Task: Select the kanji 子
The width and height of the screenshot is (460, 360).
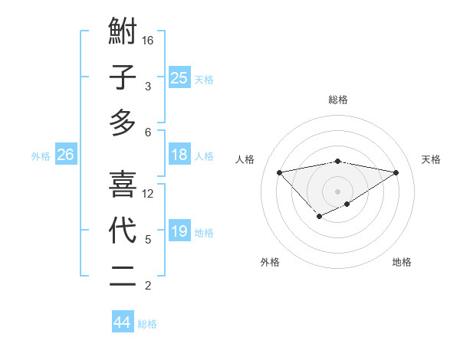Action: point(123,77)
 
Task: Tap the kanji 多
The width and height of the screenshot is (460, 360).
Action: point(123,123)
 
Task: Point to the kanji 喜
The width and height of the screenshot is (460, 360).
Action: point(123,184)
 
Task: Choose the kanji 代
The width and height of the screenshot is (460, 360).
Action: point(123,230)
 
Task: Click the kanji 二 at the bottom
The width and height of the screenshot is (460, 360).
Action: point(123,276)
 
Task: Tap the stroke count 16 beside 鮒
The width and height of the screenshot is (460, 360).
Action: point(148,40)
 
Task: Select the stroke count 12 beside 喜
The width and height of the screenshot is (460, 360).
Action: point(148,193)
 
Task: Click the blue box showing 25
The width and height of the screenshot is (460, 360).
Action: point(179,77)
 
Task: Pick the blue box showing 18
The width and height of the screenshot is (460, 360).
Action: point(179,155)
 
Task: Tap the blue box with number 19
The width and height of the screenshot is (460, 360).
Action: point(179,231)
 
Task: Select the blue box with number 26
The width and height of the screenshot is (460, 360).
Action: point(65,155)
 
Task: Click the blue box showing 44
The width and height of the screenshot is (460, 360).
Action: point(123,322)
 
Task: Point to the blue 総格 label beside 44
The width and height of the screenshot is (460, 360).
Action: point(147,324)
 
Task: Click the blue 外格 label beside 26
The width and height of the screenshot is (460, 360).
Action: point(41,156)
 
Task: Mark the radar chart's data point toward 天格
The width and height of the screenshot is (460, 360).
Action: point(396,172)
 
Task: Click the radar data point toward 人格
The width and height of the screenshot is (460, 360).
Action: point(279,172)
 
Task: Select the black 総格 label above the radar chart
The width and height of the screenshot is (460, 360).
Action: point(338,100)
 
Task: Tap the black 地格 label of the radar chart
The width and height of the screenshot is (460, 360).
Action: point(402,262)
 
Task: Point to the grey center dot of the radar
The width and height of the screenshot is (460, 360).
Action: point(338,191)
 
